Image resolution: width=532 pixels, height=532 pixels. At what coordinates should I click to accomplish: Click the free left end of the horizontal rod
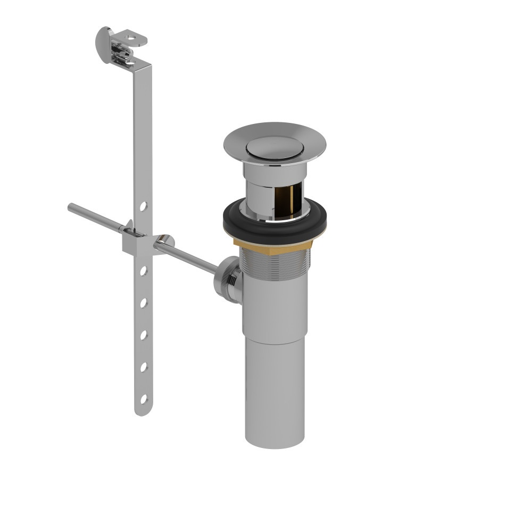(x=71, y=207)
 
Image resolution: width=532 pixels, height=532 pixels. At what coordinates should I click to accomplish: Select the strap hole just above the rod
(x=143, y=205)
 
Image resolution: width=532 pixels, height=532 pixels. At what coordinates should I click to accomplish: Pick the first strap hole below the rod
(x=143, y=271)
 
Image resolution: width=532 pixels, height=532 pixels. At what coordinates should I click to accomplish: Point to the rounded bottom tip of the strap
(x=141, y=412)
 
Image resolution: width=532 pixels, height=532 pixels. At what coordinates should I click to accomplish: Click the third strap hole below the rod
(x=143, y=335)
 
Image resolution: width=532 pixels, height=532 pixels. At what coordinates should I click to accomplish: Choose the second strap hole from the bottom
(x=143, y=367)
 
